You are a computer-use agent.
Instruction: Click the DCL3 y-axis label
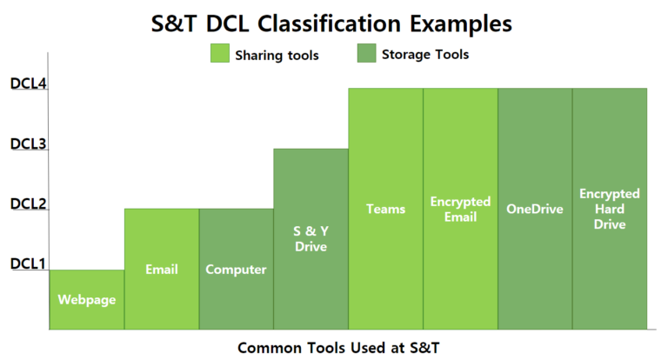tap(27, 144)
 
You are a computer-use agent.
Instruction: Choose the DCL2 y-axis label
tap(27, 204)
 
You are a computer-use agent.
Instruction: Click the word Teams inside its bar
tap(385, 209)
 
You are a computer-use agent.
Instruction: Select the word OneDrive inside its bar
tap(535, 209)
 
